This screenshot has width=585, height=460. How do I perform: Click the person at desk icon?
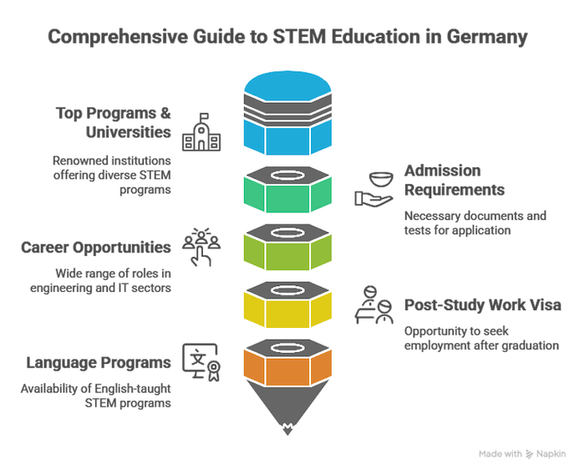click(374, 308)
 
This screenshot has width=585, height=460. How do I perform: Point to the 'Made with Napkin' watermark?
click(530, 452)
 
